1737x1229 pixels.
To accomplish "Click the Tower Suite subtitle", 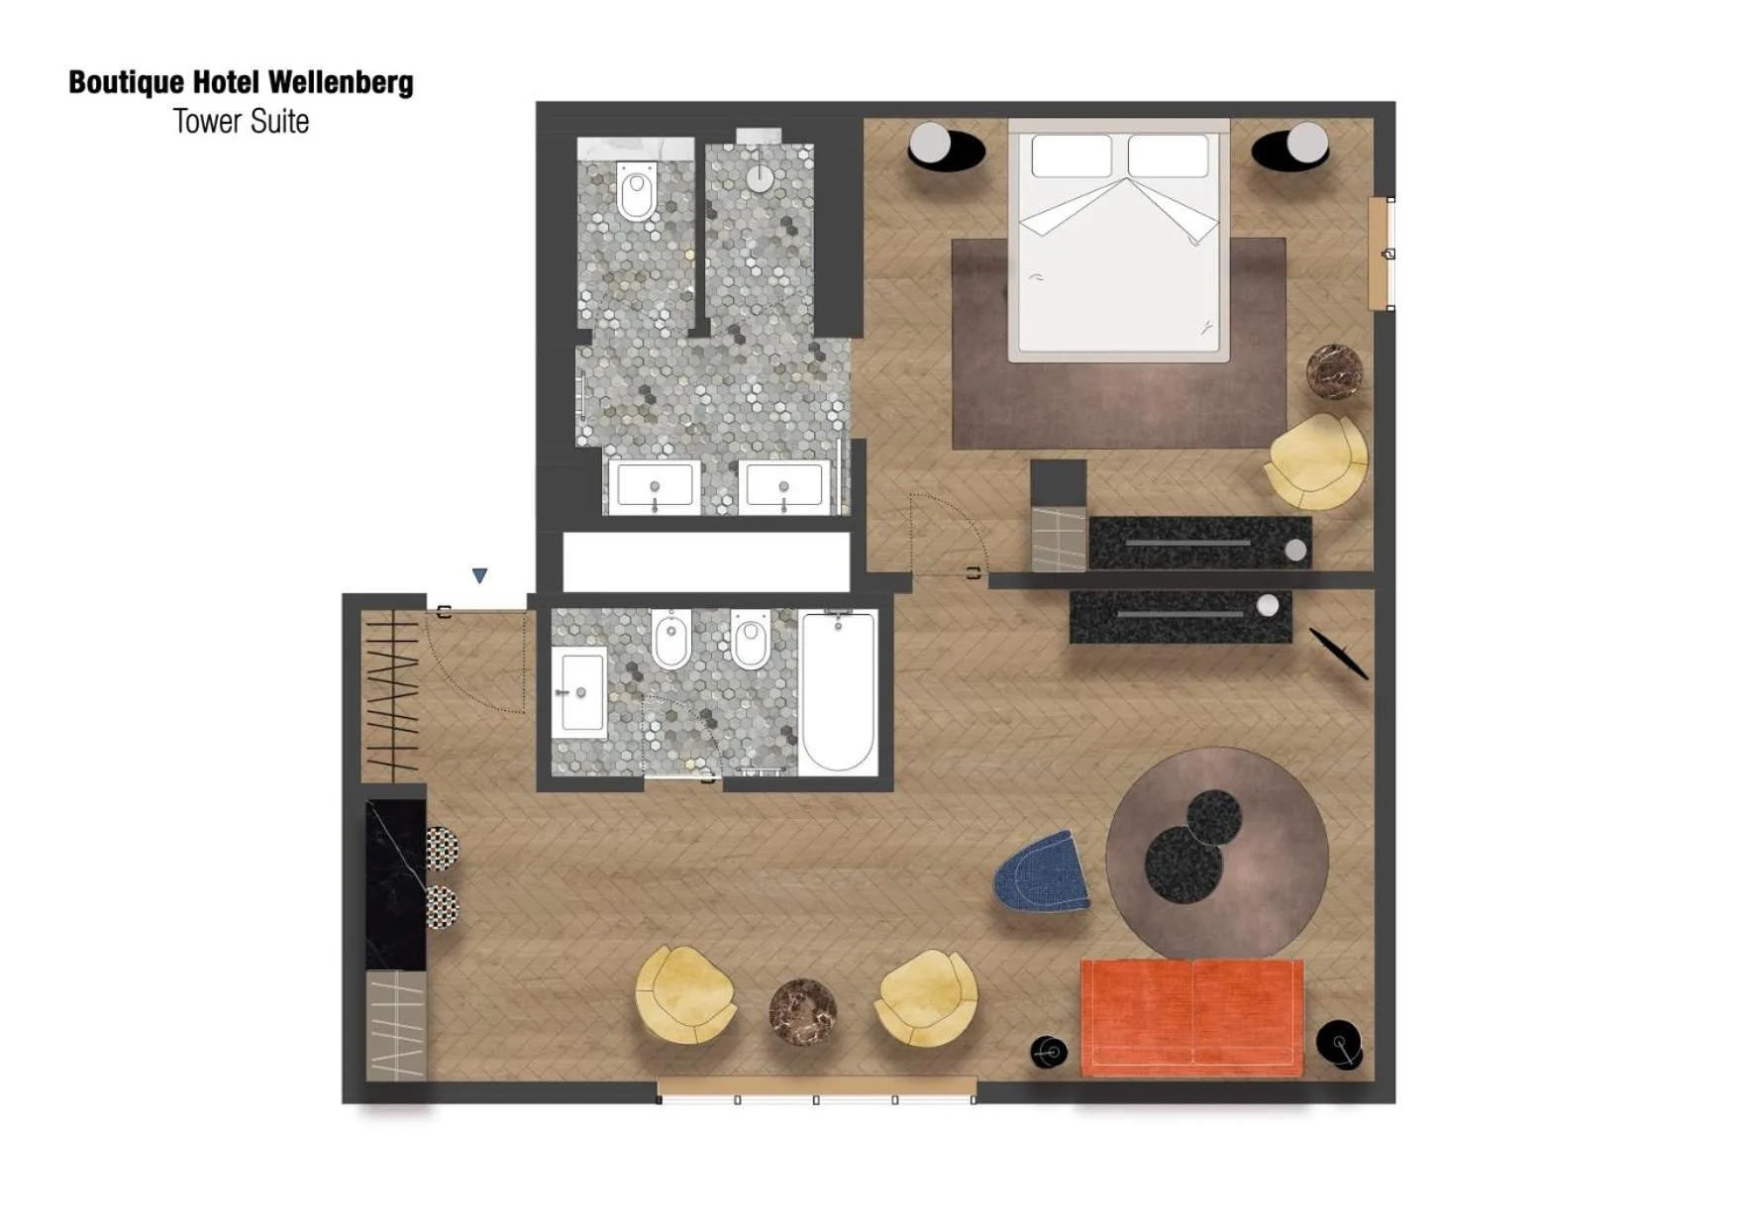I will pos(241,121).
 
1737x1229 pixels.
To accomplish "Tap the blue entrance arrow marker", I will pos(480,575).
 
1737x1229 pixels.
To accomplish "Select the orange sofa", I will pos(1191,1016).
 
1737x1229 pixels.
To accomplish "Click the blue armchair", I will pos(1043,872).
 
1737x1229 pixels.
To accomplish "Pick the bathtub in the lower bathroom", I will pos(838,690).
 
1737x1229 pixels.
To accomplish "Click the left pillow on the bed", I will pos(1072,156).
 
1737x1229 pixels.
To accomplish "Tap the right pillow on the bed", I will pos(1169,156).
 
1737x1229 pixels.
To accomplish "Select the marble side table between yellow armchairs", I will pos(803,1011).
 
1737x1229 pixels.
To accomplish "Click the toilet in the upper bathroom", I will pos(637,191).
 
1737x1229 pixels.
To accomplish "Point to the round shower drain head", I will pos(760,178).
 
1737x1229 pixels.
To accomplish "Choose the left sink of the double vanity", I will pos(654,486).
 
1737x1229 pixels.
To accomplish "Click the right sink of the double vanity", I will pos(783,486).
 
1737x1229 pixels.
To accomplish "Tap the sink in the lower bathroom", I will pos(580,691).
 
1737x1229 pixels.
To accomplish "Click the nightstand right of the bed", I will pos(1291,148).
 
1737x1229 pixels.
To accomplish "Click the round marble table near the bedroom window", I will pos(1333,371).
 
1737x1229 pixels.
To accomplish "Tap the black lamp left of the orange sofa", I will pos(1048,1052).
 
